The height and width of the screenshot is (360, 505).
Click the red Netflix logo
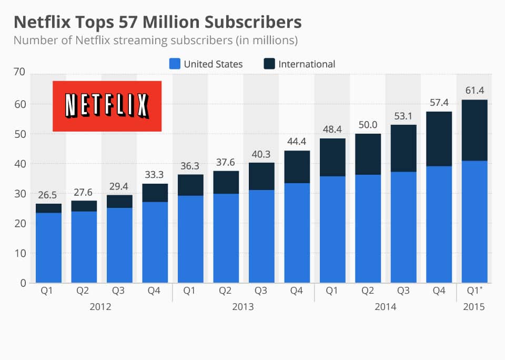click(107, 106)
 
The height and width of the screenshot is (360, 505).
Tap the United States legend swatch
click(175, 64)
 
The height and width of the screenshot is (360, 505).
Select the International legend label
click(307, 64)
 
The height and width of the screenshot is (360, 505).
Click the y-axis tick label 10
click(19, 253)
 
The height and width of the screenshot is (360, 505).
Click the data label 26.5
click(47, 195)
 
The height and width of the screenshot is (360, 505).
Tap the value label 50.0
click(367, 125)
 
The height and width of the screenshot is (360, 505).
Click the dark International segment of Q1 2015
click(474, 130)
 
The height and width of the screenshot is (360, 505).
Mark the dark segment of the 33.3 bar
click(155, 193)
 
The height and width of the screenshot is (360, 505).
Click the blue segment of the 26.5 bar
click(48, 247)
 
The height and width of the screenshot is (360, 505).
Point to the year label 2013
click(243, 307)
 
